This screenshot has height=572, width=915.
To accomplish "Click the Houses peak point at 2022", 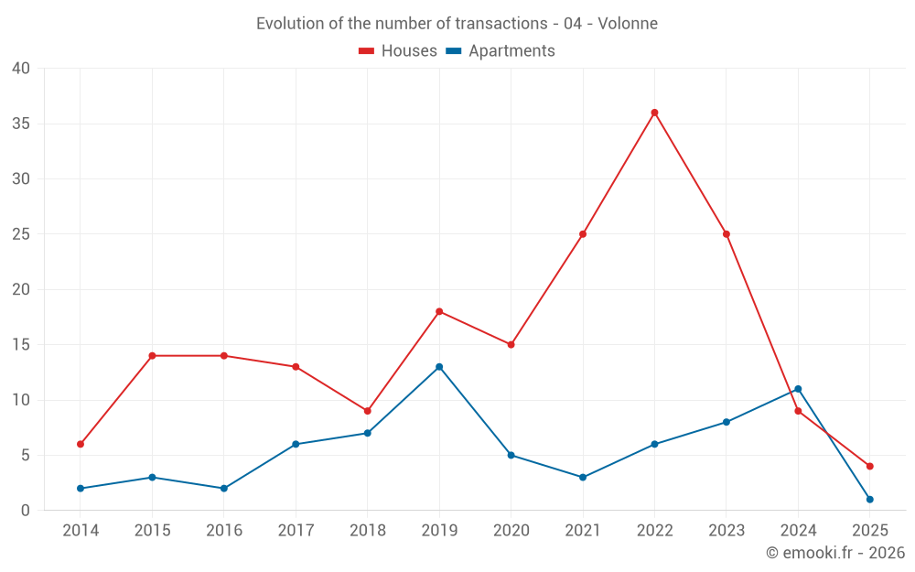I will click(x=654, y=113).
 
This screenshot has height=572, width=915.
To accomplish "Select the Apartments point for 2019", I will click(x=439, y=367).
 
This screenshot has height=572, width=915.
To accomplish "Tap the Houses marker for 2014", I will click(x=81, y=444).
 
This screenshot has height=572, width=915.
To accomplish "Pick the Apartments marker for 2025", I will click(x=869, y=500).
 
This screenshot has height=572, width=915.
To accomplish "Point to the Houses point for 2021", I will click(x=583, y=234).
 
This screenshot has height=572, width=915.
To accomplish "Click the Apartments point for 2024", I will click(x=798, y=389).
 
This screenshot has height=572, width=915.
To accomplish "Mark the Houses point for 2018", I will click(x=367, y=411).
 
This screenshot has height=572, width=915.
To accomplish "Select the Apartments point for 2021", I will click(x=583, y=478).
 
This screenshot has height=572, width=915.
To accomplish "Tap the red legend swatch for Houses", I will click(x=367, y=51).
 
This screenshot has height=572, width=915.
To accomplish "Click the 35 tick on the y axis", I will click(x=21, y=124).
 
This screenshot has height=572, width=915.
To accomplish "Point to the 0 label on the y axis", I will click(x=26, y=511).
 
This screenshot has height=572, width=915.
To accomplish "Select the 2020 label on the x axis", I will click(x=511, y=531).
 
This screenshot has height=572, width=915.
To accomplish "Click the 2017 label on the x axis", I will click(x=296, y=531).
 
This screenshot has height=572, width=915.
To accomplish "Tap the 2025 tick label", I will click(x=869, y=531).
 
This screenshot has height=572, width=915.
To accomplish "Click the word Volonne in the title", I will click(x=628, y=24).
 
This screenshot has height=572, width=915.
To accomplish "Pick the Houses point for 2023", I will click(x=727, y=234).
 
